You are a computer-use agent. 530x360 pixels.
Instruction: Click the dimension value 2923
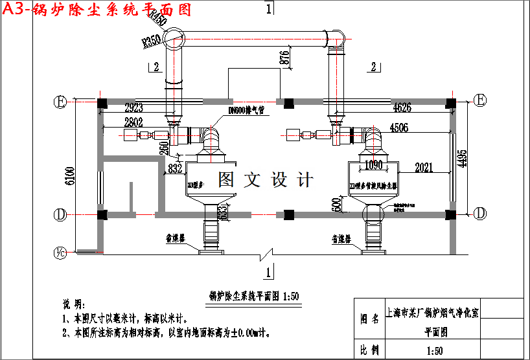point(133,107)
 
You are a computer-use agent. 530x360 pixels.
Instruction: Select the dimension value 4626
point(402,107)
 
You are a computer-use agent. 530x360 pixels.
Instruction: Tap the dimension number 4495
point(462,154)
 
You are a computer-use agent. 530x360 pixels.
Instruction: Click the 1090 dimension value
point(374,165)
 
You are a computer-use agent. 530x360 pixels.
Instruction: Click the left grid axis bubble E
point(60,102)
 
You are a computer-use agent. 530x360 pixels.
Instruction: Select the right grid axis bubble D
point(480,214)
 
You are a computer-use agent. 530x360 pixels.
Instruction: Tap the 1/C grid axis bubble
point(60,252)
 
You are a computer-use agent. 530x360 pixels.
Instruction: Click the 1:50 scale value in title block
point(434,351)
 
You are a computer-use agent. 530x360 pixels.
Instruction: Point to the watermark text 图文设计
point(266,179)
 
